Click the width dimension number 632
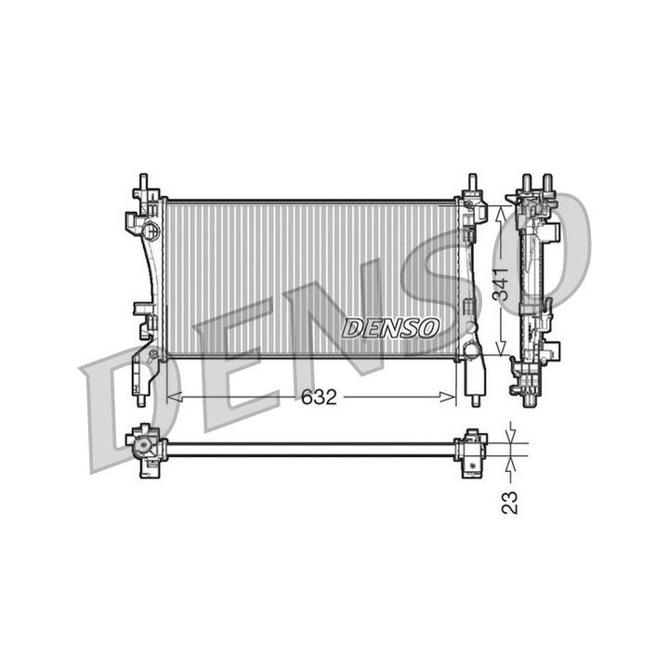(318, 398)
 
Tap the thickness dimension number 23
(509, 503)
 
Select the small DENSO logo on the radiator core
(390, 328)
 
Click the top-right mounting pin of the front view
(473, 180)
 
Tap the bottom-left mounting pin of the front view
(141, 400)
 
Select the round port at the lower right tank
(471, 350)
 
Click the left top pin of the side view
(526, 180)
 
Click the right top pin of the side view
(547, 180)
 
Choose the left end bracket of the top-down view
(146, 450)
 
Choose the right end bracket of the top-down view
(472, 451)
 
